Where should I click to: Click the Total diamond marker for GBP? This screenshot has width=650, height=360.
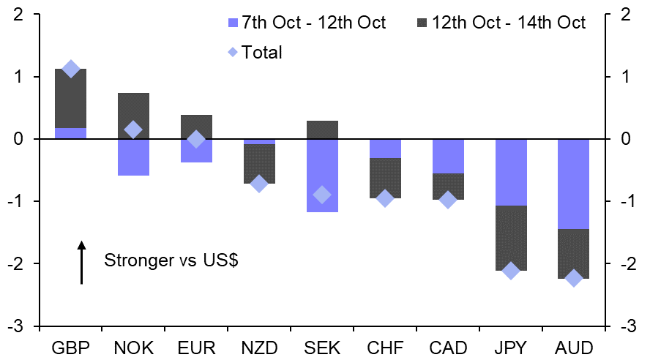click(x=71, y=69)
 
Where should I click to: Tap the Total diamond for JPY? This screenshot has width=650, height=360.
click(x=511, y=271)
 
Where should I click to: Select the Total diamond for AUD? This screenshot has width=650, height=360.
click(x=574, y=278)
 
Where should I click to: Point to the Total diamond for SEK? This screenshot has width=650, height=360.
click(x=322, y=195)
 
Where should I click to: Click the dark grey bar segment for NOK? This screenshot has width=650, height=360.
click(x=134, y=116)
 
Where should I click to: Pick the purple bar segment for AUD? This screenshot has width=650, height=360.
click(x=574, y=184)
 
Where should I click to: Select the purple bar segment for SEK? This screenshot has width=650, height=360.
click(x=322, y=176)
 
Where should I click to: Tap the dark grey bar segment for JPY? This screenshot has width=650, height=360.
click(x=511, y=238)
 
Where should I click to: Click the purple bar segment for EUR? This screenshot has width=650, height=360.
click(x=196, y=151)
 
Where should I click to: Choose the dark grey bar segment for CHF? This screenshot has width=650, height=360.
click(x=385, y=178)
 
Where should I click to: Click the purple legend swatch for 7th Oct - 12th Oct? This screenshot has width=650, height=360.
click(x=234, y=23)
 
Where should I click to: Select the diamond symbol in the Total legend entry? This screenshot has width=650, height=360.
click(x=234, y=52)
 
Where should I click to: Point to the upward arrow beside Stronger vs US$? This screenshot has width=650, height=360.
click(x=82, y=261)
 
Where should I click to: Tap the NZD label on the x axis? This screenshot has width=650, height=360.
click(x=260, y=346)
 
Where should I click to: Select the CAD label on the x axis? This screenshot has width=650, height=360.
click(x=448, y=346)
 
